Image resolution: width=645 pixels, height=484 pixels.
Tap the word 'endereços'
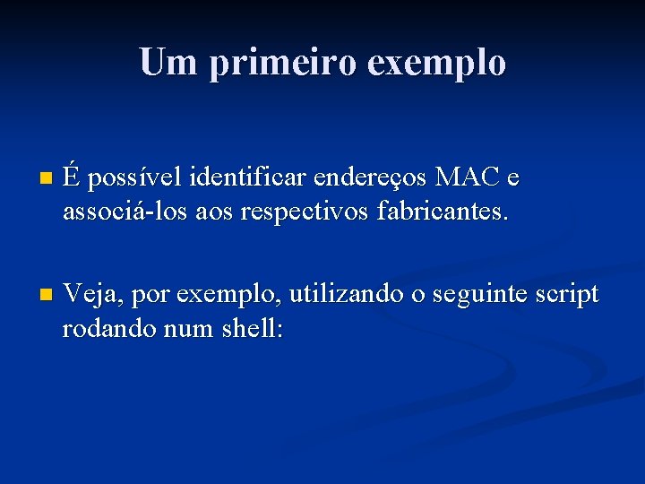(370, 179)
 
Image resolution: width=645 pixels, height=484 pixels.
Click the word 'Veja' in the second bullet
(88, 295)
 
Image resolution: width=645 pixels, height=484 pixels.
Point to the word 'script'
(568, 295)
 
